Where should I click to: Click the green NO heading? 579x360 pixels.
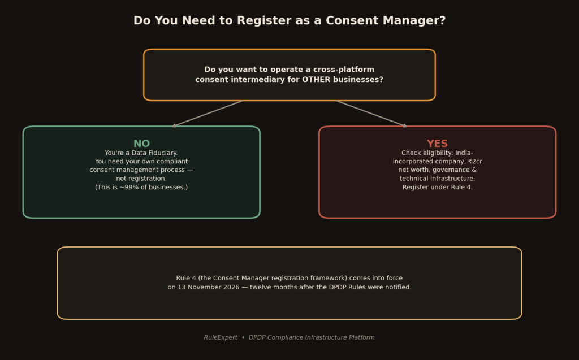coord(141,143)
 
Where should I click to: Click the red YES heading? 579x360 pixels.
coord(437,143)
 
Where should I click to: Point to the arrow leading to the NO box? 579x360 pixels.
coord(208,114)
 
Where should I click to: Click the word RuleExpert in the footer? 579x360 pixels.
coord(221,337)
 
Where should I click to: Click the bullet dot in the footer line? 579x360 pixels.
coord(243,337)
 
